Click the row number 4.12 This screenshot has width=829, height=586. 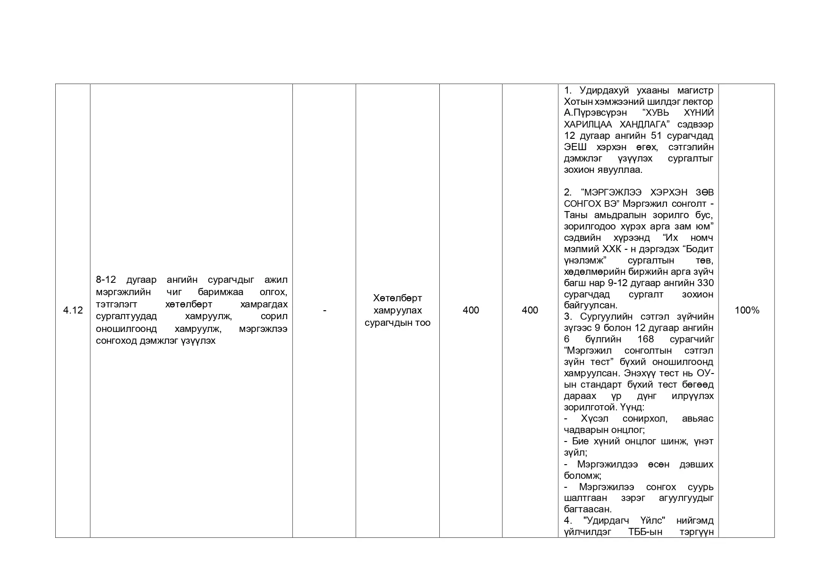coord(73,310)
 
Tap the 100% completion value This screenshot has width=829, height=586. coord(747,310)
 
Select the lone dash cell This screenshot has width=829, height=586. coord(324,310)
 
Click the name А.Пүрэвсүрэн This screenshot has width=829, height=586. coord(595,113)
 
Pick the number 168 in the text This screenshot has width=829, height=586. coord(645,339)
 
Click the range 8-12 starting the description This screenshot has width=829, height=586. coord(106,280)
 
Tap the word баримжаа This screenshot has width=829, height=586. coord(221,292)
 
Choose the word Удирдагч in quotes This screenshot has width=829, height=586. coord(607,520)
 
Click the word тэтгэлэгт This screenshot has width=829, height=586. coord(116,304)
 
